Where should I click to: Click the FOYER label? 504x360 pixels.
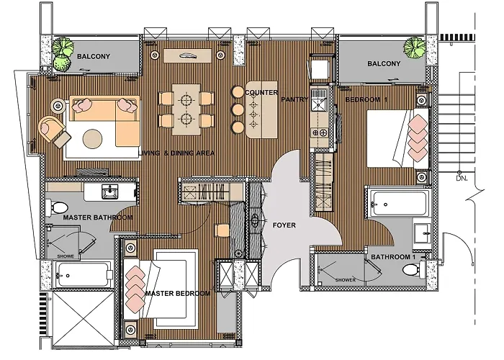click(x=284, y=225)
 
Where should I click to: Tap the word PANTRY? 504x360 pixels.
click(x=294, y=99)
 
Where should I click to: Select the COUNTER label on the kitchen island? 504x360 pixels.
click(x=261, y=93)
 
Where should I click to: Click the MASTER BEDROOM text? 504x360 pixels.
click(x=178, y=294)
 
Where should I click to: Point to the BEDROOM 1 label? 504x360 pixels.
click(x=366, y=99)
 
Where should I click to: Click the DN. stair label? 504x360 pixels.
click(x=462, y=178)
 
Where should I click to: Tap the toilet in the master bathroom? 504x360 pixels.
click(x=56, y=207)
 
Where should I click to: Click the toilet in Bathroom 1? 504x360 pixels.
click(x=414, y=269)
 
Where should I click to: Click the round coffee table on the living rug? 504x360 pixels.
click(x=93, y=139)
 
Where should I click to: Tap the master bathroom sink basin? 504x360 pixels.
click(x=110, y=192)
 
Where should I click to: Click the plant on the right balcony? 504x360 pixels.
click(x=415, y=48)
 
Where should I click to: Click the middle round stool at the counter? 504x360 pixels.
click(x=238, y=109)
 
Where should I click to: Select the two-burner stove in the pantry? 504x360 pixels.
click(x=320, y=132)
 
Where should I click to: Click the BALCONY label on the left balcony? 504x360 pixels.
click(x=94, y=57)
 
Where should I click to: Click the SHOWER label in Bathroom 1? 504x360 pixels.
click(x=346, y=280)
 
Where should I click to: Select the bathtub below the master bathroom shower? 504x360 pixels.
click(x=84, y=275)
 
